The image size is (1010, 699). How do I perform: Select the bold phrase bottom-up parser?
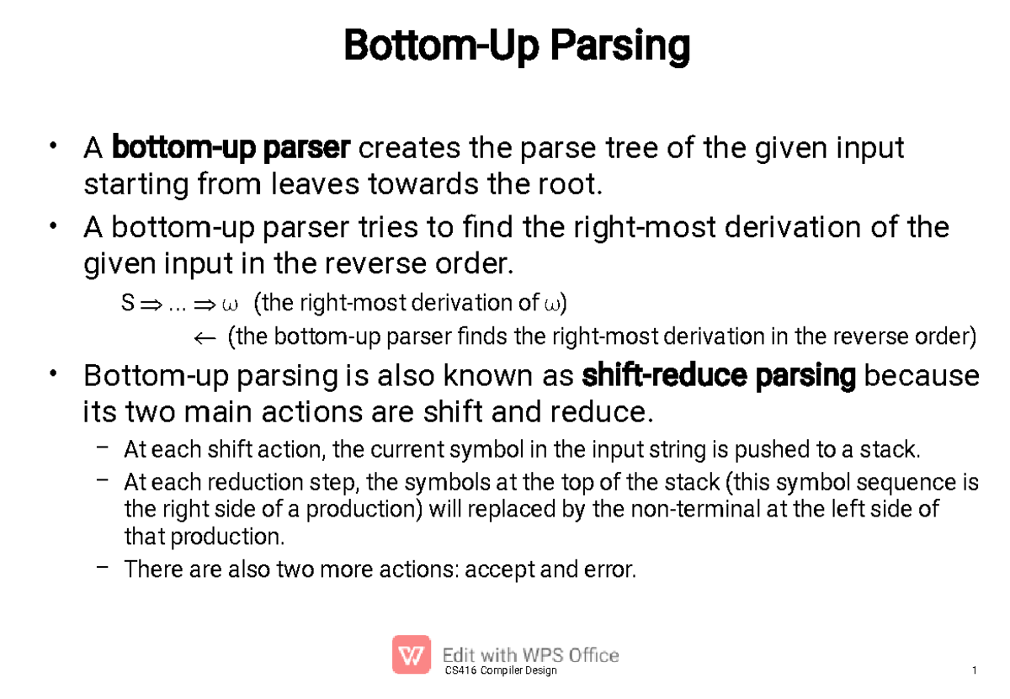[x=231, y=149]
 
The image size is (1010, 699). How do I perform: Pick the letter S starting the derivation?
[x=128, y=303]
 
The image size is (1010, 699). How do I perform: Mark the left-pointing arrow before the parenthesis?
[x=205, y=338]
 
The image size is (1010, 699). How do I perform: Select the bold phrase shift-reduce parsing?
[x=719, y=376]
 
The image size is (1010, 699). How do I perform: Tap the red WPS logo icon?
[x=412, y=654]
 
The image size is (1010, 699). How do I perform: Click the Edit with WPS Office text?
[x=531, y=655]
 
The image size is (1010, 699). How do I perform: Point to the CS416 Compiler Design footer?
[x=500, y=670]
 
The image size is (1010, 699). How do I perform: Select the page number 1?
[x=974, y=670]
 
